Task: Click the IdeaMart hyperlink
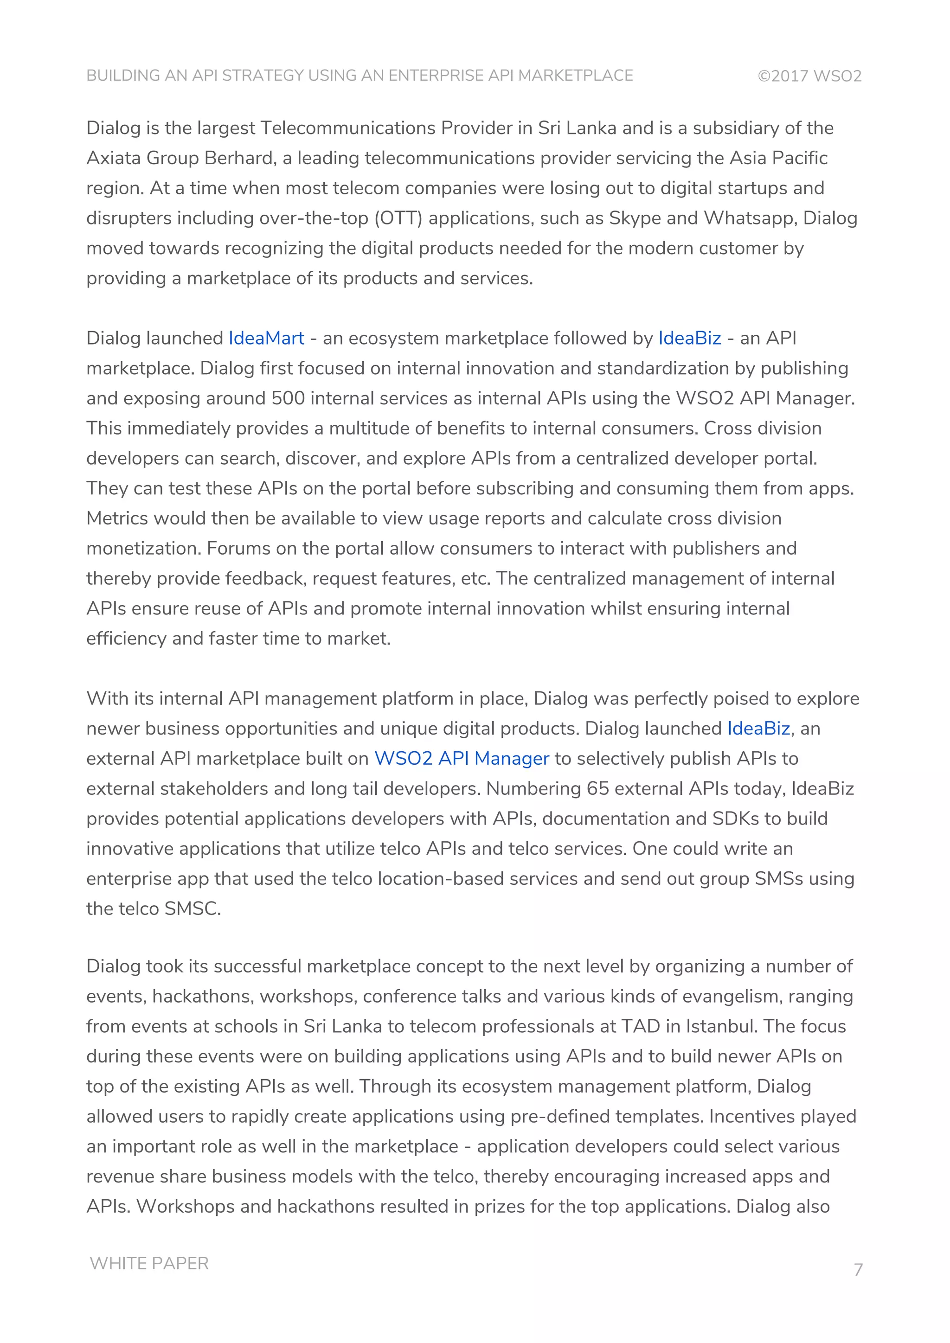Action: click(x=266, y=338)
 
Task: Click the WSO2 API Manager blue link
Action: click(x=462, y=758)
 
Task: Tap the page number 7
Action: click(x=858, y=1270)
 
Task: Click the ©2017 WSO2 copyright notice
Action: click(x=809, y=76)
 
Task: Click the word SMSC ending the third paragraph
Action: click(x=193, y=908)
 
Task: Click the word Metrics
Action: click(x=117, y=518)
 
